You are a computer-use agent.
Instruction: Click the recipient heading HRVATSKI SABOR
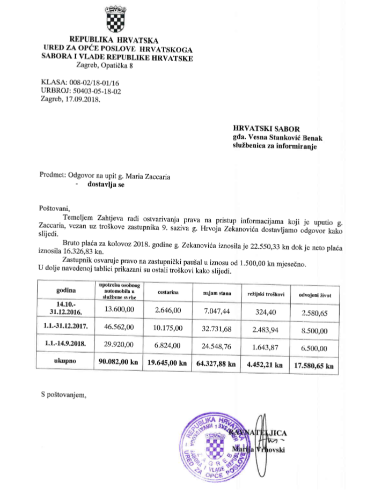click(x=265, y=128)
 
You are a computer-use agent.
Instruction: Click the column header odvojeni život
click(x=313, y=293)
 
